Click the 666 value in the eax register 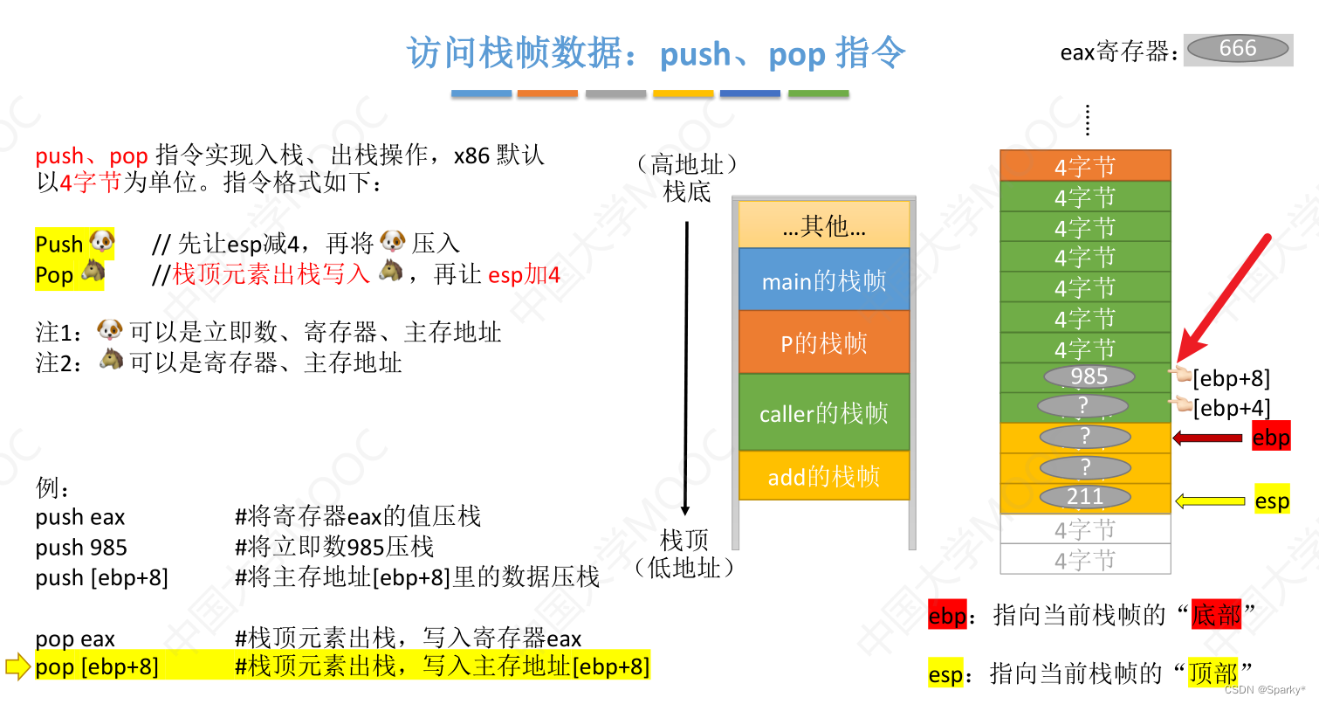pyautogui.click(x=1238, y=49)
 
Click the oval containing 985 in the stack pyautogui.click(x=1088, y=376)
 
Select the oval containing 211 pyautogui.click(x=1085, y=497)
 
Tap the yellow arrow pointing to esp pyautogui.click(x=1210, y=501)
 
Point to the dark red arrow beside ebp pyautogui.click(x=1207, y=438)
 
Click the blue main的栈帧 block pyautogui.click(x=824, y=280)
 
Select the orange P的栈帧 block pyautogui.click(x=824, y=343)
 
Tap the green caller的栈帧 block pyautogui.click(x=824, y=412)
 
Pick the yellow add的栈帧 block pyautogui.click(x=824, y=476)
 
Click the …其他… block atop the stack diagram pyautogui.click(x=824, y=226)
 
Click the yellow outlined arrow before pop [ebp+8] pyautogui.click(x=17, y=667)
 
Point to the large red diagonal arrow pyautogui.click(x=1222, y=298)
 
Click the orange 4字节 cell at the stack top pyautogui.click(x=1085, y=166)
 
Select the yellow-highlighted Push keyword pyautogui.click(x=59, y=244)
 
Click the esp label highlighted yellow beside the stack pyautogui.click(x=1272, y=501)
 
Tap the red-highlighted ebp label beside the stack pyautogui.click(x=1270, y=438)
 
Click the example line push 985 pyautogui.click(x=81, y=548)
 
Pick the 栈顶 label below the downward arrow pyautogui.click(x=684, y=540)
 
